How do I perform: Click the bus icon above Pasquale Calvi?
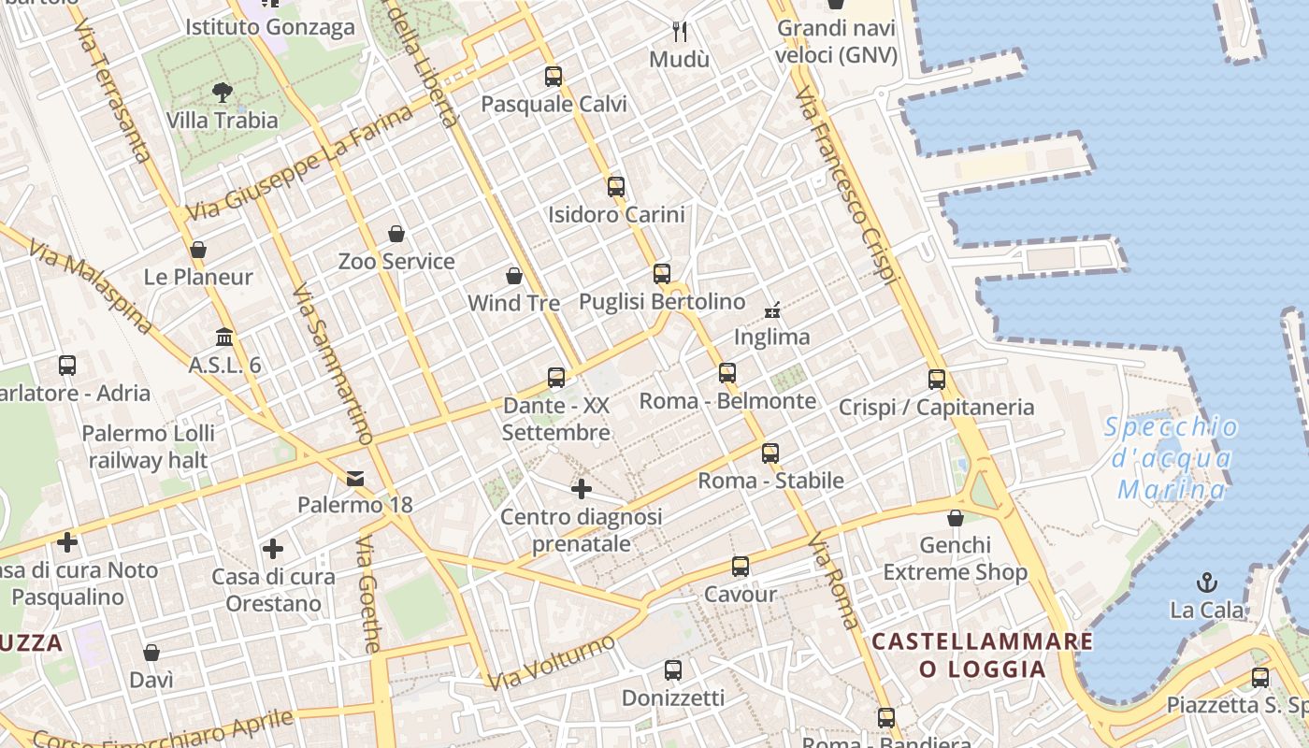(554, 77)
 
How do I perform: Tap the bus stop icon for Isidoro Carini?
(615, 187)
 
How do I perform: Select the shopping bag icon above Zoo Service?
(396, 234)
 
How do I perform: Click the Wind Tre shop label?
(513, 303)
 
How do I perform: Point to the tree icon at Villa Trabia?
(223, 93)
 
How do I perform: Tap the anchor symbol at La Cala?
(1207, 583)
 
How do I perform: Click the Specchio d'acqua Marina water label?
(1172, 458)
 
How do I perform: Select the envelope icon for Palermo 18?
(355, 479)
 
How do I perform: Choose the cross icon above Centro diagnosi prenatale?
(582, 489)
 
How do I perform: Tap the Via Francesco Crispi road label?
(846, 186)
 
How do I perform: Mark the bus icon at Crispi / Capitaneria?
(937, 380)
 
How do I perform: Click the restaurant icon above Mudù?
(680, 32)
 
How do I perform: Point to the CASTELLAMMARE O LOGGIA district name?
(982, 655)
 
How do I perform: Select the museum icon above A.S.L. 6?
(224, 337)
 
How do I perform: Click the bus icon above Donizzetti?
(673, 670)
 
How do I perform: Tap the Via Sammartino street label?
(332, 364)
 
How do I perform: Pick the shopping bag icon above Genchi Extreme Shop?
(956, 518)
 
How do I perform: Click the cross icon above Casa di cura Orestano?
(273, 549)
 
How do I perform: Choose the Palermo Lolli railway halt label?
(149, 447)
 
